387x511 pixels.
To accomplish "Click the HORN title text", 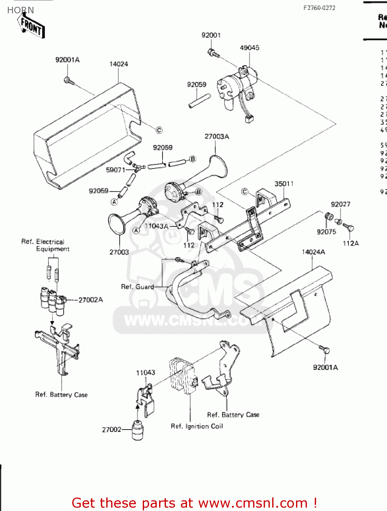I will click(x=20, y=10).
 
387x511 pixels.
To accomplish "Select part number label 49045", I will click(x=249, y=48).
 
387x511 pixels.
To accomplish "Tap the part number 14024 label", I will click(x=119, y=64).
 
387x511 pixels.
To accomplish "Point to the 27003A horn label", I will click(x=217, y=137).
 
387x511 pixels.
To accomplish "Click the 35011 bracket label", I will click(x=284, y=184).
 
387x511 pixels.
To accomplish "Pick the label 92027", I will click(x=340, y=204).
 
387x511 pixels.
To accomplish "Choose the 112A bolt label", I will click(x=351, y=243).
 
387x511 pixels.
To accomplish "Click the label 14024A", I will click(x=313, y=252).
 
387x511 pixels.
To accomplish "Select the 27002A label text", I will click(x=91, y=300).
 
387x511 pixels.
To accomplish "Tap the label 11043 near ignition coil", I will click(x=145, y=373).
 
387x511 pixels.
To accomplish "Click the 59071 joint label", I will click(x=115, y=170).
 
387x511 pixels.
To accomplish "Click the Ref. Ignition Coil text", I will click(x=197, y=426).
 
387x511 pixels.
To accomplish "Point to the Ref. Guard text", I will click(x=137, y=287).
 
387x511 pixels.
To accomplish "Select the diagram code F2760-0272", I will click(x=319, y=8).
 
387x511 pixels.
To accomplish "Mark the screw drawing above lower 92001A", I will click(x=324, y=349).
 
